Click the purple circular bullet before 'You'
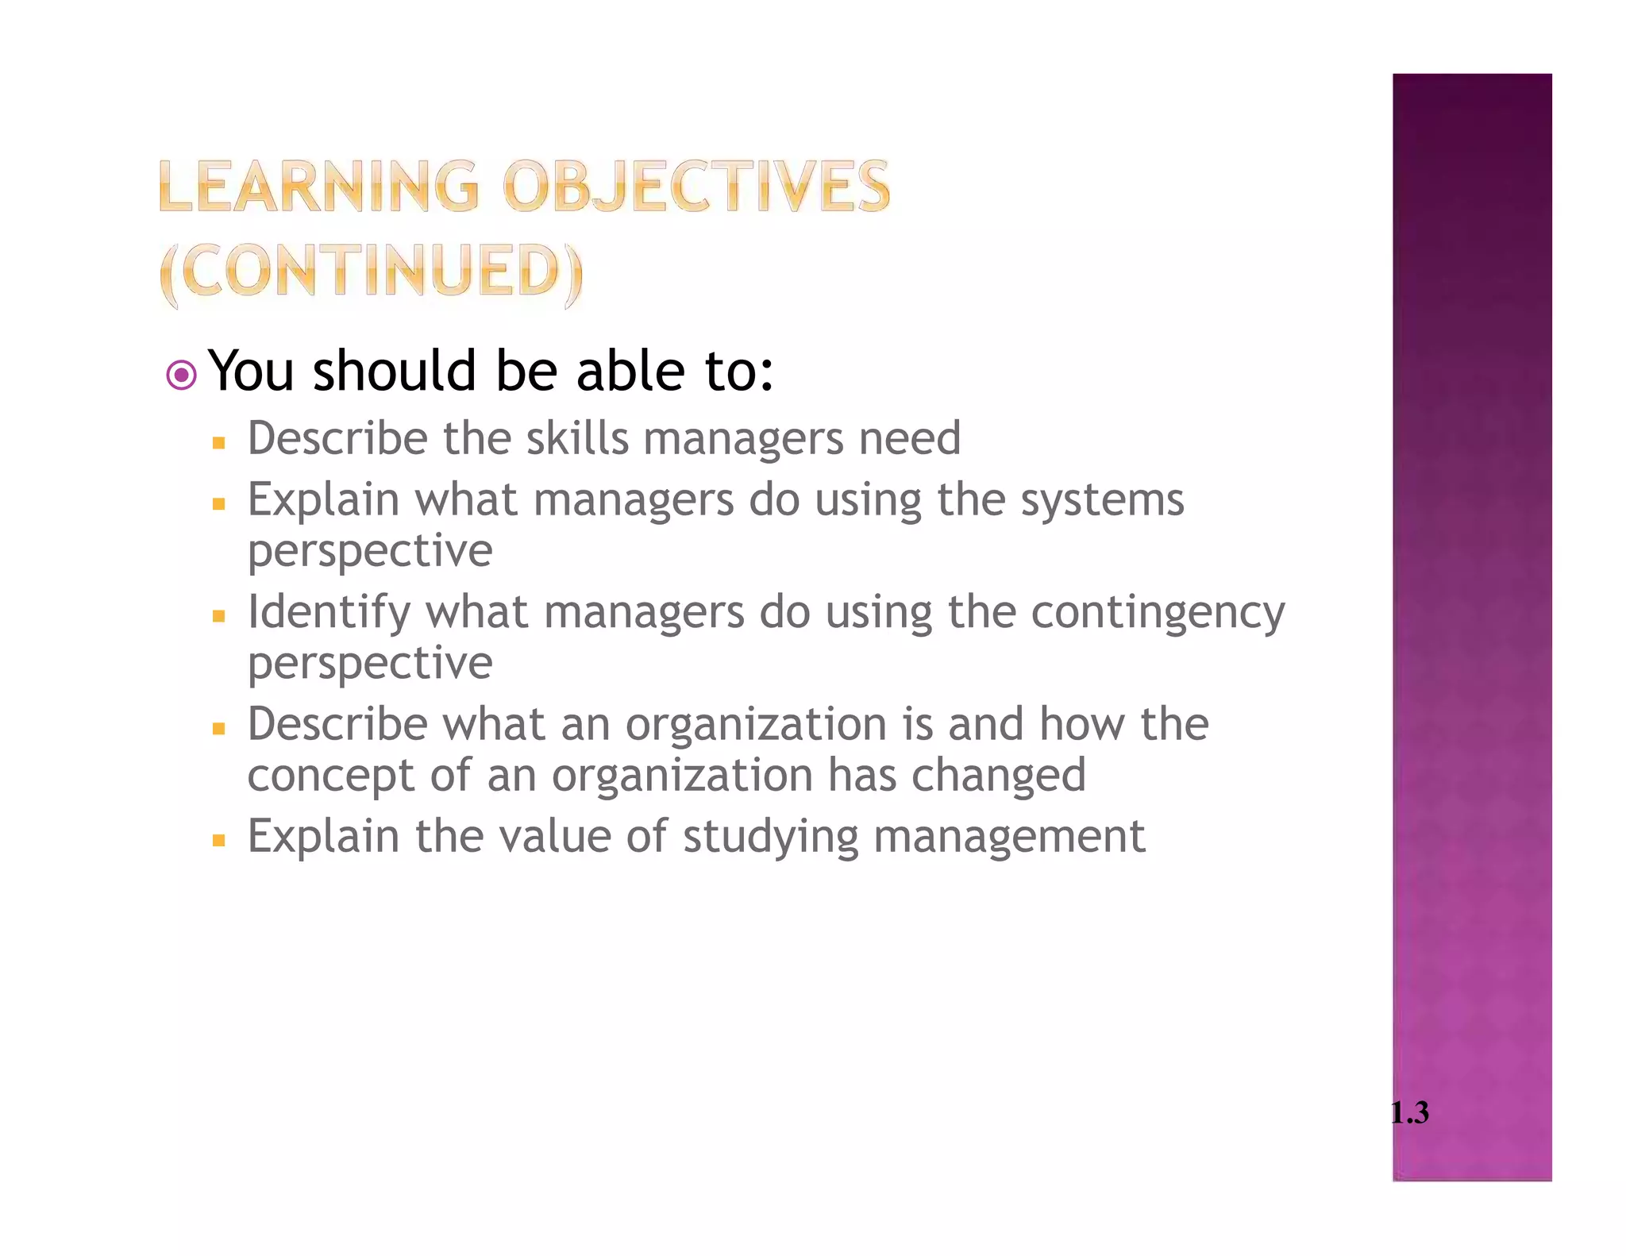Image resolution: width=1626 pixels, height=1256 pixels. (x=182, y=375)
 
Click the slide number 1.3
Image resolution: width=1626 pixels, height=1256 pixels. (x=1410, y=1112)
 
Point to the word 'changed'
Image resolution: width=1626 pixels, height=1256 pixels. (x=998, y=775)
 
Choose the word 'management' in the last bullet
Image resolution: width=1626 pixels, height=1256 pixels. (x=1009, y=838)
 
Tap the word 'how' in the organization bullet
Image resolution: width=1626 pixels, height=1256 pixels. (x=1083, y=724)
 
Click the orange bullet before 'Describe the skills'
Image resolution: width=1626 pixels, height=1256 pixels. (x=219, y=442)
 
